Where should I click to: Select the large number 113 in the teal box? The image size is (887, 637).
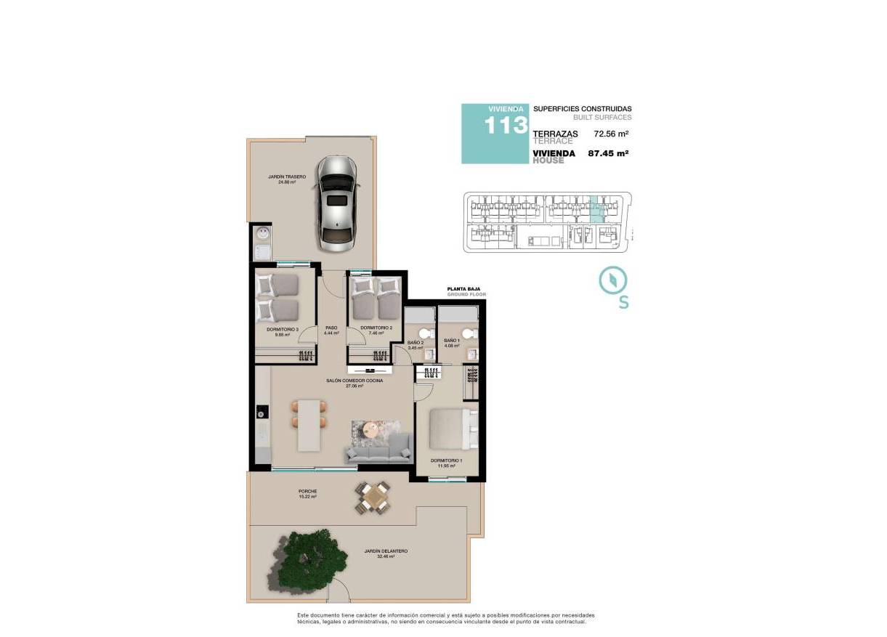click(x=506, y=126)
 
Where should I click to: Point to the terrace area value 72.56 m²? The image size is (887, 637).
click(x=610, y=134)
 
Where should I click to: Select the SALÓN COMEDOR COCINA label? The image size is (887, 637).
click(x=355, y=381)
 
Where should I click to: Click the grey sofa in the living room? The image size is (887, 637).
click(x=378, y=453)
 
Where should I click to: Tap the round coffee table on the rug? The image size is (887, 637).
click(x=372, y=429)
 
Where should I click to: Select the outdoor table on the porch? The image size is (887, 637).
click(x=374, y=499)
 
